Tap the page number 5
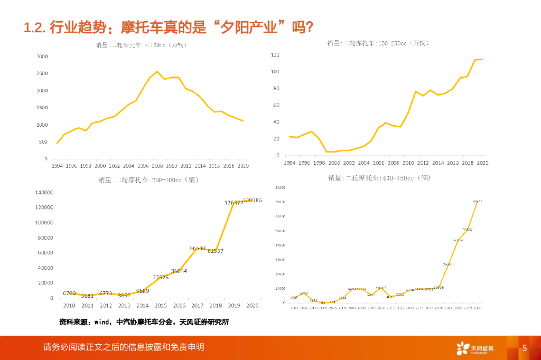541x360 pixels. pyautogui.click(x=525, y=348)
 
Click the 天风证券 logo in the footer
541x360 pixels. pyautogui.click(x=475, y=348)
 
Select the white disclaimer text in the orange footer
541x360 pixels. pyautogui.click(x=124, y=347)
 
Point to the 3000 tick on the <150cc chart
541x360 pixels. pyautogui.click(x=42, y=56)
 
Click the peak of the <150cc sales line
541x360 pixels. pyautogui.click(x=157, y=72)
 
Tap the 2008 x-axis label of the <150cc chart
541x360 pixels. pyautogui.click(x=157, y=165)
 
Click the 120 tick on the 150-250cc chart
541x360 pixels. pyautogui.click(x=275, y=55)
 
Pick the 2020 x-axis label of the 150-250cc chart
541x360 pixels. pyautogui.click(x=482, y=163)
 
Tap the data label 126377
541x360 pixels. pyautogui.click(x=234, y=203)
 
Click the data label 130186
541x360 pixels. pyautogui.click(x=251, y=201)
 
